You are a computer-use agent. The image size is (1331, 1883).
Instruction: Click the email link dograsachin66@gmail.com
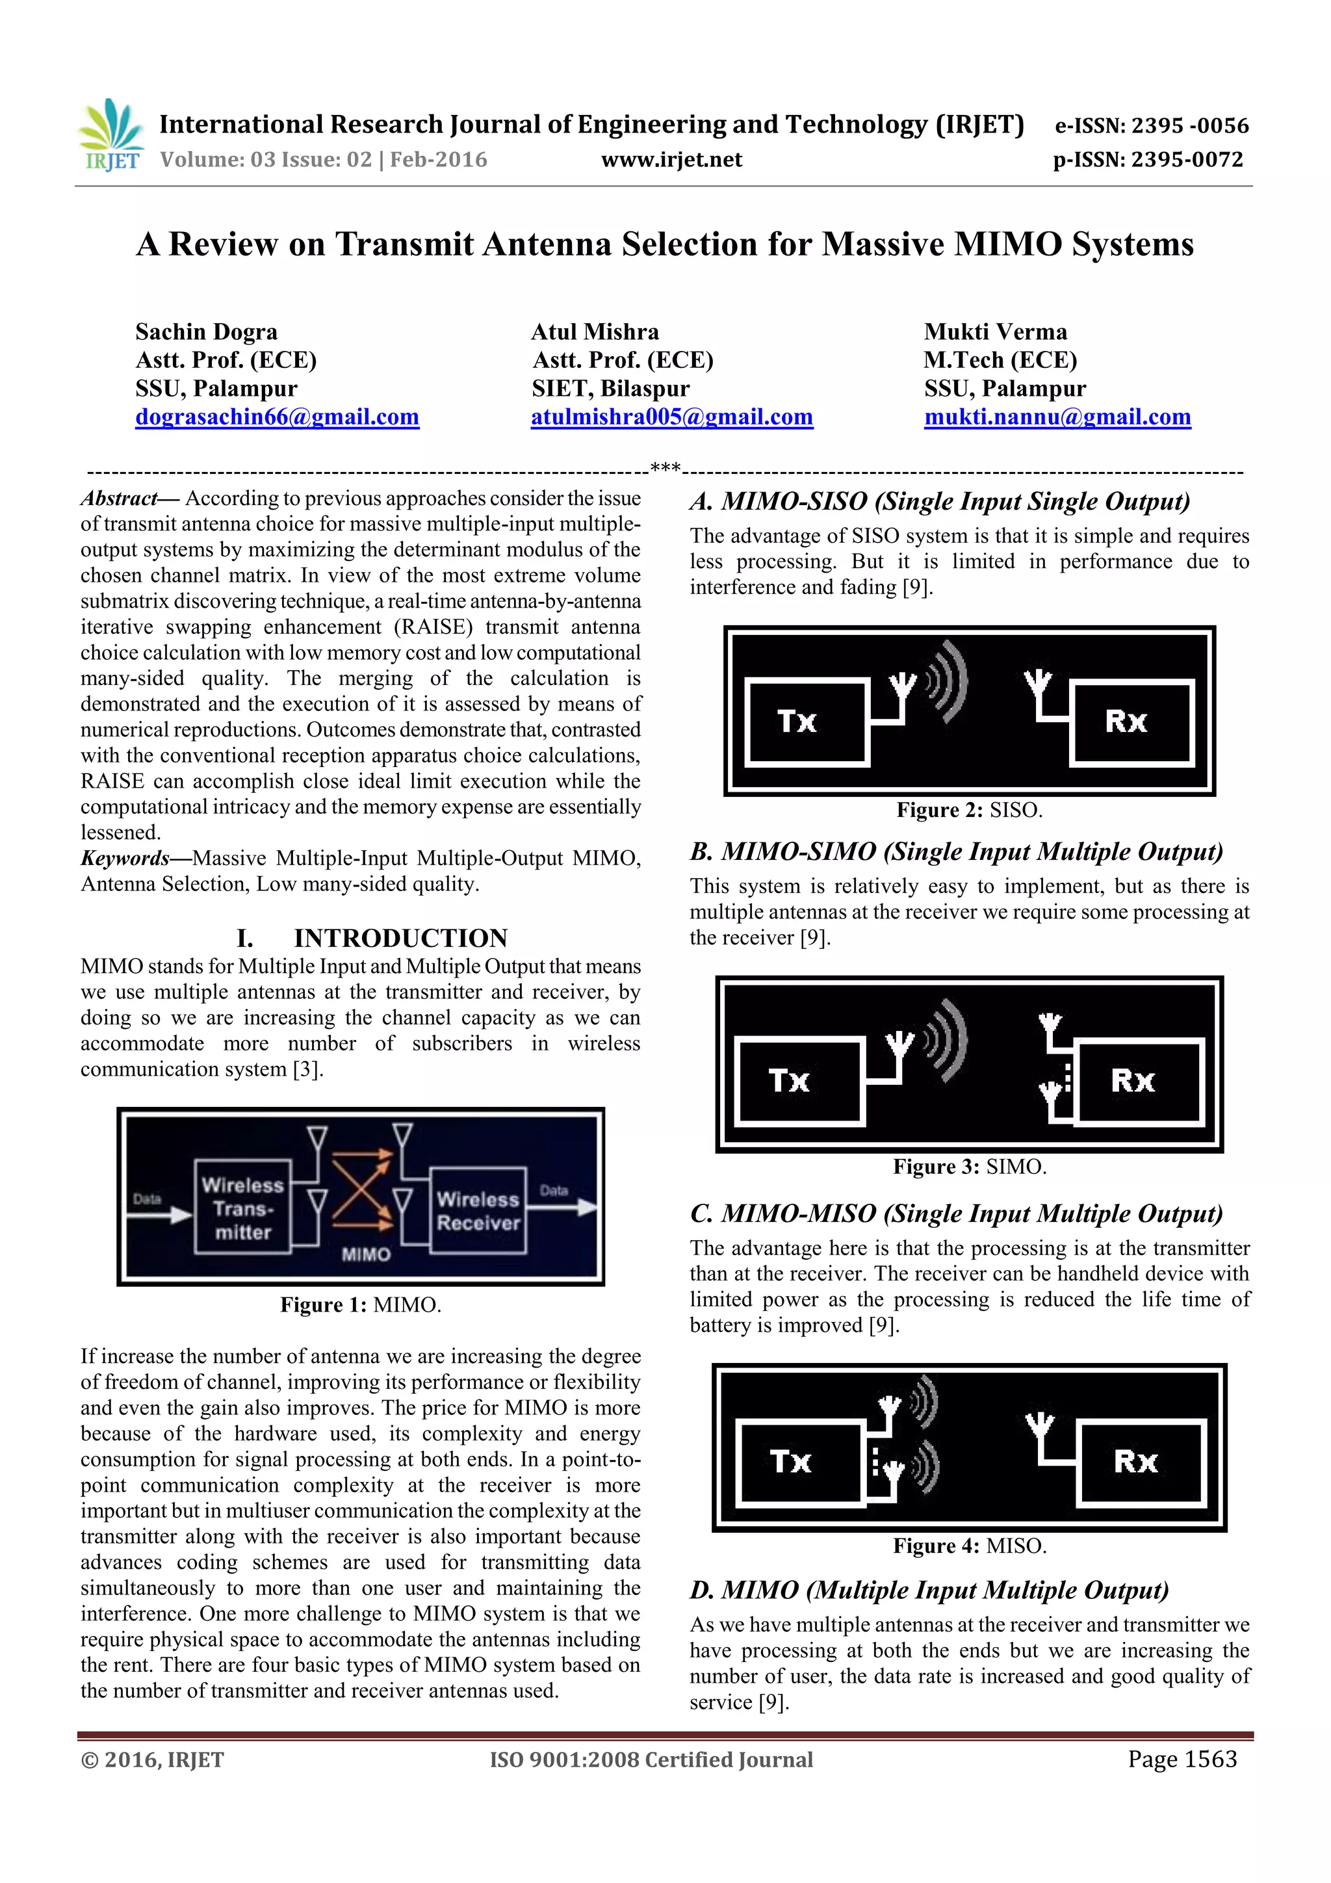pyautogui.click(x=278, y=417)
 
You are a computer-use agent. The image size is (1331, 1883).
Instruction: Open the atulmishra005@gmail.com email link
pyautogui.click(x=671, y=417)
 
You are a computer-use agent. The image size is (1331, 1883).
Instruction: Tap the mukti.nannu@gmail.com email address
pyautogui.click(x=1057, y=417)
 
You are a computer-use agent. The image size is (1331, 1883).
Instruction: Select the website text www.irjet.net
pyautogui.click(x=671, y=160)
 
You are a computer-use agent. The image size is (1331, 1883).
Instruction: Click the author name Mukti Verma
pyautogui.click(x=995, y=331)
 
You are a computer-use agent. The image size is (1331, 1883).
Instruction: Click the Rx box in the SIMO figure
pyautogui.click(x=1140, y=1081)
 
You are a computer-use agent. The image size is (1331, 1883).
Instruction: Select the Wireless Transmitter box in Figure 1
pyautogui.click(x=243, y=1207)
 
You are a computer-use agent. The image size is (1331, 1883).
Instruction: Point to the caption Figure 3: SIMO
pyautogui.click(x=970, y=1166)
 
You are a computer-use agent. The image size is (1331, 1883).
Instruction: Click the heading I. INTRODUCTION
pyautogui.click(x=372, y=937)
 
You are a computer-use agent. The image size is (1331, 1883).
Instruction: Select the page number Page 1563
pyautogui.click(x=1181, y=1759)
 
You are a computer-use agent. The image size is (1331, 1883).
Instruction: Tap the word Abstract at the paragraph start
pyautogui.click(x=118, y=498)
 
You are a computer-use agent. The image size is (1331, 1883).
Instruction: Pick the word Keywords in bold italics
pyautogui.click(x=125, y=858)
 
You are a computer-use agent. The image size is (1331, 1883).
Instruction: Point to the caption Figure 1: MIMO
pyautogui.click(x=360, y=1305)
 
